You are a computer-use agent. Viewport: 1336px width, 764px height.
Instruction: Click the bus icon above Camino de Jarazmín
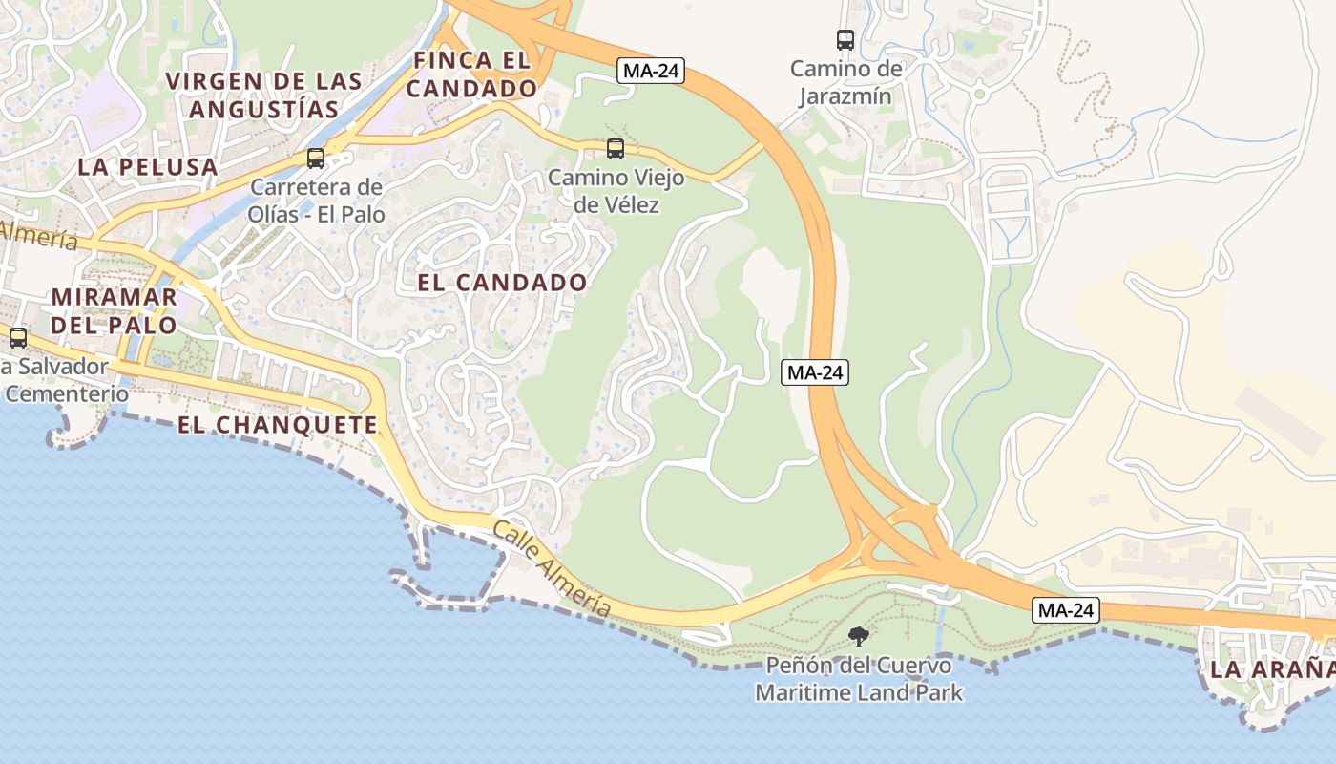(845, 40)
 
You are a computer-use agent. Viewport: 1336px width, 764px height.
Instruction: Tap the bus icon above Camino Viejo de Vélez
(616, 149)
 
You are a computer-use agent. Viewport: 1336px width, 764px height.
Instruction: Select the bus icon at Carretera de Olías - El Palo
(316, 159)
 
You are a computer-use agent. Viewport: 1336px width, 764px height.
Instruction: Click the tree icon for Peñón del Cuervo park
(859, 636)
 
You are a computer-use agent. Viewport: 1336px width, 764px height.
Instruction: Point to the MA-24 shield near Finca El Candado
(652, 71)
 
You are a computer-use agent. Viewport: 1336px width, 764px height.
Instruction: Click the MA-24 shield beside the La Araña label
(1066, 609)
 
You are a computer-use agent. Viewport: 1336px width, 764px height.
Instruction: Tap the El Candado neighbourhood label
(502, 283)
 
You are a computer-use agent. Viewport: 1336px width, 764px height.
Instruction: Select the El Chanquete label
(278, 425)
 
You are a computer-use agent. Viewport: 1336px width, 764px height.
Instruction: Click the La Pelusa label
(148, 167)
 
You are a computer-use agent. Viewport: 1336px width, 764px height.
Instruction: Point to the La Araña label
(1272, 669)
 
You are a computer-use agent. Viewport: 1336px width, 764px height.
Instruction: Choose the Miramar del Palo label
(115, 310)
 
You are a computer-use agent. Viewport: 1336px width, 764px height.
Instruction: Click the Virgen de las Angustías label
(264, 95)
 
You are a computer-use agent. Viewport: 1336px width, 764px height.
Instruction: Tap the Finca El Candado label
(474, 74)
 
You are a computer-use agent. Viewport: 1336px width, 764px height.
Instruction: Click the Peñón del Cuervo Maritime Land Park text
(859, 679)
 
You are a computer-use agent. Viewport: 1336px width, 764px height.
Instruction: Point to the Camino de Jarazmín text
(845, 82)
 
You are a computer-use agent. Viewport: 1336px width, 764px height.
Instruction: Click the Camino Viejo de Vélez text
(616, 191)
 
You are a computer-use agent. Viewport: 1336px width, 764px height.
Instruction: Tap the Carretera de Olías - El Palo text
(316, 201)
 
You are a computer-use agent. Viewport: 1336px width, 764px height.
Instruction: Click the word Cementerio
(67, 393)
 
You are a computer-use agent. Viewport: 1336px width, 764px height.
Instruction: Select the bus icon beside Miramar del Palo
(18, 337)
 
